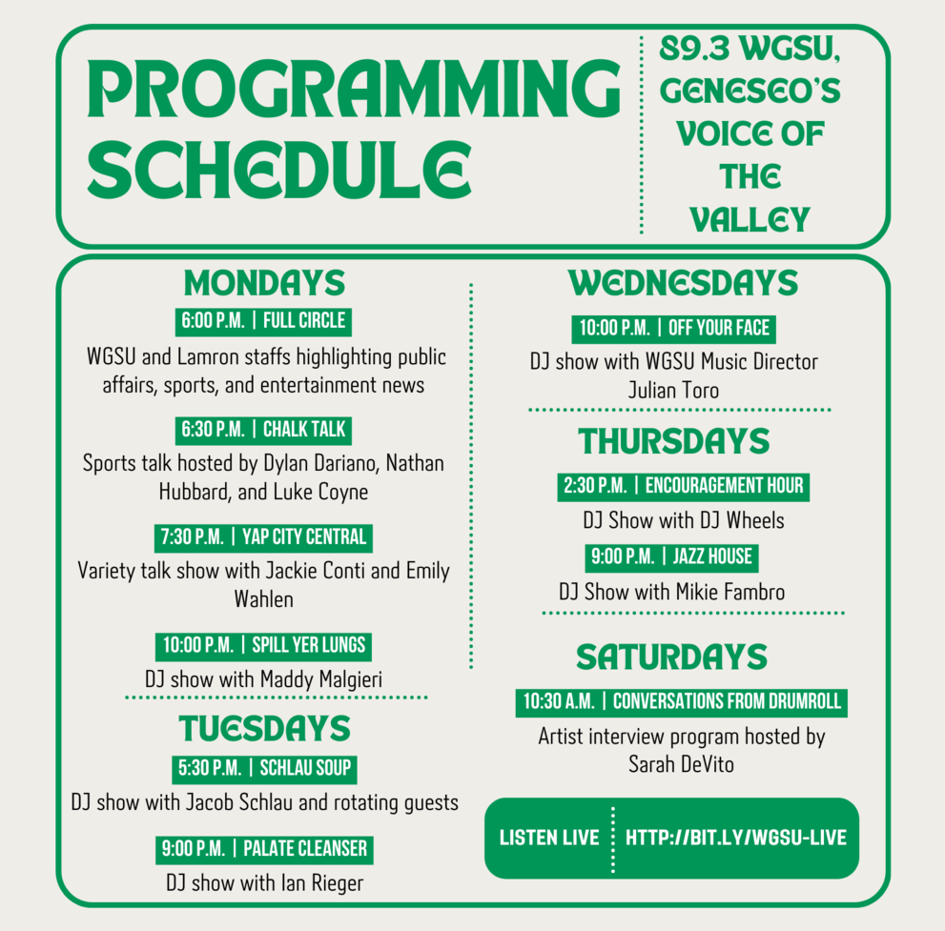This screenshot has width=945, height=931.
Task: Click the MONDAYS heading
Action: coord(264,283)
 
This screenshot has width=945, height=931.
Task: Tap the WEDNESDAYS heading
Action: coord(683,283)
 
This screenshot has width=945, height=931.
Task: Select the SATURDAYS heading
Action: coord(671,657)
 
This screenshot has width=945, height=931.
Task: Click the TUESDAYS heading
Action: coord(264,729)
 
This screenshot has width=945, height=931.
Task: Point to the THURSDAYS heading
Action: coord(674,441)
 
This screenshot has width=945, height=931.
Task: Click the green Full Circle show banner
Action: coord(263,321)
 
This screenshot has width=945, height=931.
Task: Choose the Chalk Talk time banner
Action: coord(263,430)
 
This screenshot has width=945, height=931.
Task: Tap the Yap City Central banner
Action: coord(263,537)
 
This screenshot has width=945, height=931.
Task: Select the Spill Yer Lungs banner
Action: coord(263,646)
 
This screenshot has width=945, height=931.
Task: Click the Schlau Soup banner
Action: coord(264,769)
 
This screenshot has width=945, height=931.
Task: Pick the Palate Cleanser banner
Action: coord(264,850)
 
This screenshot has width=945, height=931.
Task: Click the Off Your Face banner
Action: coord(674,329)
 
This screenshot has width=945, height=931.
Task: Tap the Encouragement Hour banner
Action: coord(683,487)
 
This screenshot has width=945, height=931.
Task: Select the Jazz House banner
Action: coord(671,557)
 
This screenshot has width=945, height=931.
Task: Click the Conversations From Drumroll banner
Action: coord(681,702)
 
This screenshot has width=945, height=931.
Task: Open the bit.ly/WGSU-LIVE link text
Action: coord(736,838)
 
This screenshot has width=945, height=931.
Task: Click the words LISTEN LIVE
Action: coord(549,838)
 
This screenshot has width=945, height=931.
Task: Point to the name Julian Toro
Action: coord(673,391)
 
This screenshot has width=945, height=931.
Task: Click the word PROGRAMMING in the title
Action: coord(354,89)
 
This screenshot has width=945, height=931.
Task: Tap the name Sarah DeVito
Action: coord(681,764)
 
